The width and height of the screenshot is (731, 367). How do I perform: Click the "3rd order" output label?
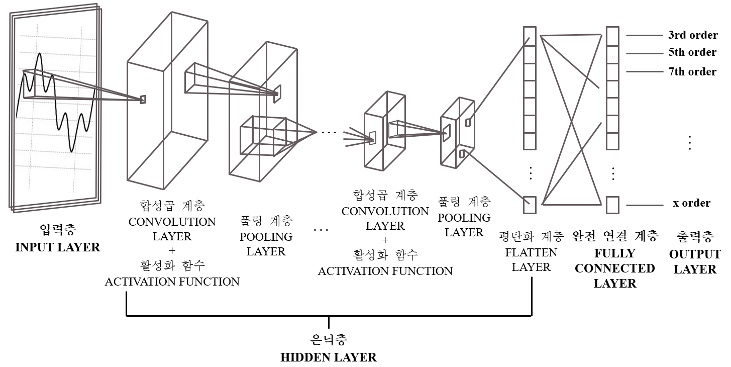click(692, 35)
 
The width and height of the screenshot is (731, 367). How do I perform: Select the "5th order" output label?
click(692, 52)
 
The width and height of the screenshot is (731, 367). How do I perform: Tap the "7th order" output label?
click(692, 72)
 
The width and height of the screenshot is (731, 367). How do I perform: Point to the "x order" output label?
click(691, 203)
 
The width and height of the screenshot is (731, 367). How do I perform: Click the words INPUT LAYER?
click(58, 247)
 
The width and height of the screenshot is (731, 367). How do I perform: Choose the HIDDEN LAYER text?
click(328, 357)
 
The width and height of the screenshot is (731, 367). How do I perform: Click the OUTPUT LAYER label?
click(695, 261)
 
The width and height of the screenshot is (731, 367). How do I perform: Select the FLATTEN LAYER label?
click(531, 259)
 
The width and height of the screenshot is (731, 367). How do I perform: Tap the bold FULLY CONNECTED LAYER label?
click(615, 268)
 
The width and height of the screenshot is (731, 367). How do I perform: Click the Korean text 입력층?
click(58, 231)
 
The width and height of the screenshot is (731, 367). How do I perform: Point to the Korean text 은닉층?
click(328, 340)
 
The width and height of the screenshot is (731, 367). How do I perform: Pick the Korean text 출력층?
click(695, 236)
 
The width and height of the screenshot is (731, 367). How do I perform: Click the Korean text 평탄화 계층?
click(531, 236)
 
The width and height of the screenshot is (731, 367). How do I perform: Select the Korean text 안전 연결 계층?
click(615, 236)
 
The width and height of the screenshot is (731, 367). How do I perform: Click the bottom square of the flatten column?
click(530, 205)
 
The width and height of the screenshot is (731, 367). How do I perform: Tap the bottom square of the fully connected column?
click(612, 205)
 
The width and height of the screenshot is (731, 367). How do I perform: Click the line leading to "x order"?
click(645, 205)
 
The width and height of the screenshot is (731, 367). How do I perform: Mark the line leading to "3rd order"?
click(645, 36)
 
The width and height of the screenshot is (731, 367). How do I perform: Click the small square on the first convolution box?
click(143, 100)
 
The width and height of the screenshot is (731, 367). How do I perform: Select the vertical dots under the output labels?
click(690, 143)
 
